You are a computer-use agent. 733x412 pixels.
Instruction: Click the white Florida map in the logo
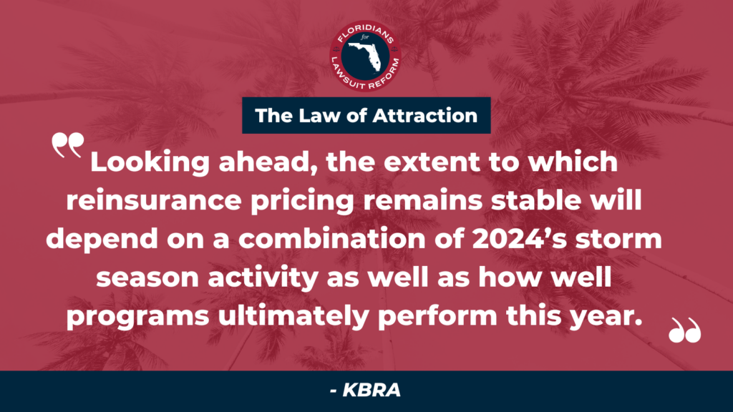click(369, 56)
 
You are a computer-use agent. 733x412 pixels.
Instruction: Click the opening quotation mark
click(68, 145)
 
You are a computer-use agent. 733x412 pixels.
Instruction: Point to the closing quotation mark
click(685, 330)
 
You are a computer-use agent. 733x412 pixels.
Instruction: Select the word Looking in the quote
click(150, 162)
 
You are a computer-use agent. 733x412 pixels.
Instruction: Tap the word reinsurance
click(154, 200)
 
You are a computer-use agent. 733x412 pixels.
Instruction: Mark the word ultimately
click(293, 316)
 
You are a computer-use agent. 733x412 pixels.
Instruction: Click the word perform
click(437, 316)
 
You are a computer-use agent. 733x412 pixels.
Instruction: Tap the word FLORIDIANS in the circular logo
click(366, 33)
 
